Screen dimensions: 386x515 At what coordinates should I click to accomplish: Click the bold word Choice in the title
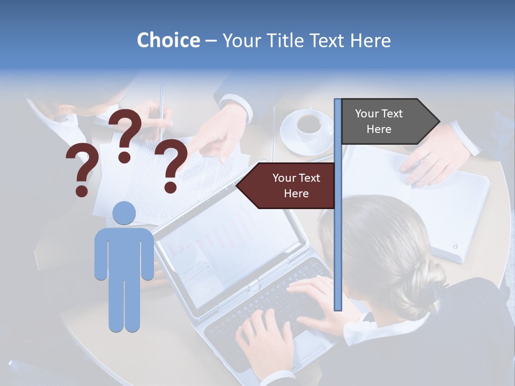(168, 40)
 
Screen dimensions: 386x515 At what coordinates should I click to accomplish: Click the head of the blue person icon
(124, 213)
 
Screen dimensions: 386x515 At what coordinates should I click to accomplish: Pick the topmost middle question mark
(125, 135)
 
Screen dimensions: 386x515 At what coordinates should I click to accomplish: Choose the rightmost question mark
(171, 165)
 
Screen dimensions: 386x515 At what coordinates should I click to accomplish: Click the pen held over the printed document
(161, 107)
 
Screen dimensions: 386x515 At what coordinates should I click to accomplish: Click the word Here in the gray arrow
(379, 129)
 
